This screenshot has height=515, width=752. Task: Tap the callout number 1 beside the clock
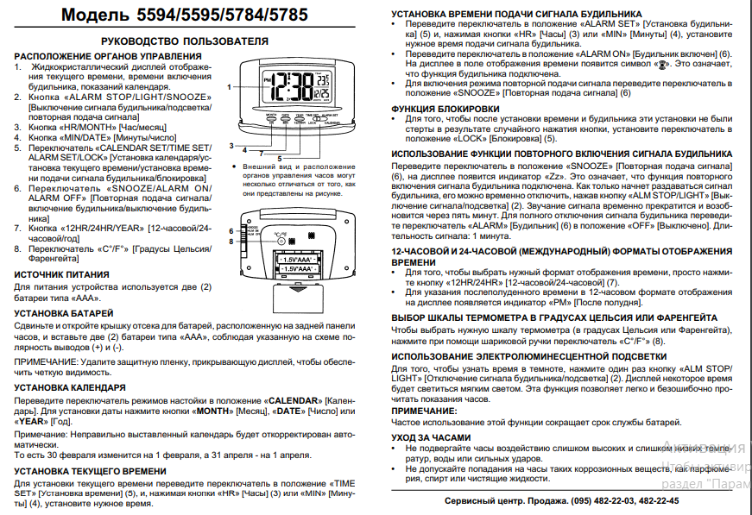click(x=230, y=87)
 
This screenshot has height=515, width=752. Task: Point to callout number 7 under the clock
click(x=260, y=153)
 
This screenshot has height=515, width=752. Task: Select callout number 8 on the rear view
click(x=231, y=241)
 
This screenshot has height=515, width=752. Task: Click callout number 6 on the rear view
click(x=231, y=231)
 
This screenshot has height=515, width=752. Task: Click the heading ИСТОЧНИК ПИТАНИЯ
click(x=61, y=273)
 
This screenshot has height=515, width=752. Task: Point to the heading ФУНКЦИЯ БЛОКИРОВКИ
click(x=444, y=109)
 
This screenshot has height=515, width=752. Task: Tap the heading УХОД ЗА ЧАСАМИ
click(x=431, y=437)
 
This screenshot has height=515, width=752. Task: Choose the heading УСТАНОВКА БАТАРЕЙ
click(x=64, y=311)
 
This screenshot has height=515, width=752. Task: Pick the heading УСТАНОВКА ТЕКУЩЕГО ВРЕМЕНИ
click(x=91, y=471)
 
